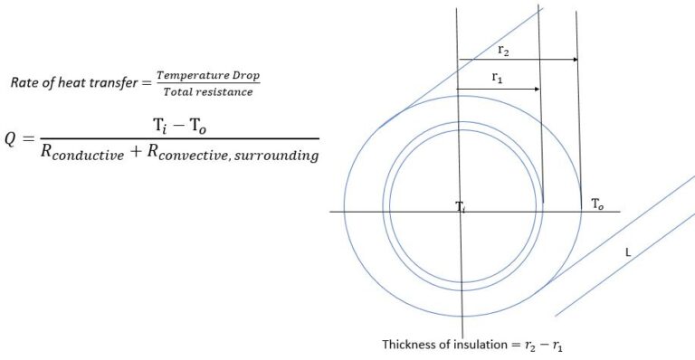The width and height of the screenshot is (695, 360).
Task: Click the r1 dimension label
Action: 498,79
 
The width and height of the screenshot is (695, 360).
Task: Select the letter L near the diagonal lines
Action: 627,252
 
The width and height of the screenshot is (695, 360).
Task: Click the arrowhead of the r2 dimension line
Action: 575,60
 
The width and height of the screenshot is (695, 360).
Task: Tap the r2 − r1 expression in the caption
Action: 546,346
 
